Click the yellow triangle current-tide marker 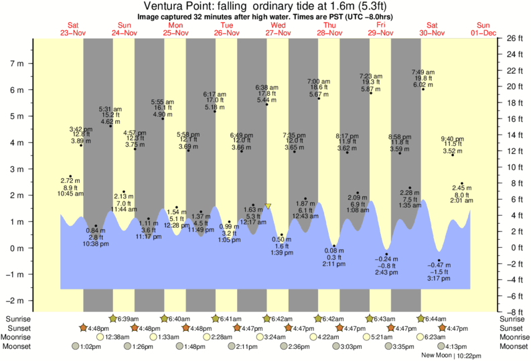tap(268, 206)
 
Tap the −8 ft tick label tap(513, 312)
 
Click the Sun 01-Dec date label tap(483, 29)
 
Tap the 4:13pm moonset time tap(456, 346)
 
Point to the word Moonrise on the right tap(514, 337)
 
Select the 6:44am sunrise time tap(437, 319)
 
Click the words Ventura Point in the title tap(177, 6)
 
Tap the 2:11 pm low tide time tap(333, 263)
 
